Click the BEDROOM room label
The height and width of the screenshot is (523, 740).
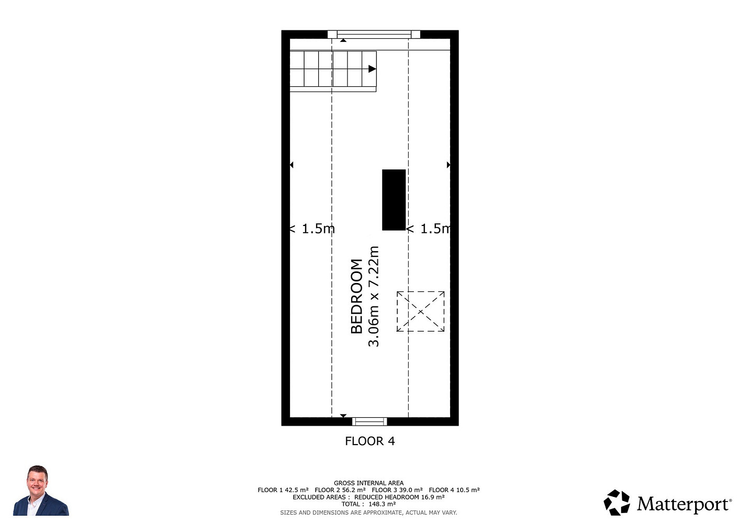pyautogui.click(x=356, y=296)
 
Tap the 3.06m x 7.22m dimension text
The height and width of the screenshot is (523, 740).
pyautogui.click(x=373, y=296)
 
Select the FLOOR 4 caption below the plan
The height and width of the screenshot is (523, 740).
pyautogui.click(x=369, y=441)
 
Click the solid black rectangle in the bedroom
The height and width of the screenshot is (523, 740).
pyautogui.click(x=394, y=200)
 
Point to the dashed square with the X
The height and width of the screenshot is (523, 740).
pyautogui.click(x=421, y=311)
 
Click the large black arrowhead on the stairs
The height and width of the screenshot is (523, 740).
pyautogui.click(x=372, y=69)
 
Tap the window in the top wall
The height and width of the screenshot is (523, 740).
pyautogui.click(x=374, y=35)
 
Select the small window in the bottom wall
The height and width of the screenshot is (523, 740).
pyautogui.click(x=369, y=422)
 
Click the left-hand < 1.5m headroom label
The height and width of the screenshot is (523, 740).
pyautogui.click(x=312, y=229)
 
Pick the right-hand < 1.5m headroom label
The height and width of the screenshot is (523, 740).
pyautogui.click(x=428, y=229)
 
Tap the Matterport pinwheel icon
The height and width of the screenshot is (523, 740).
pyautogui.click(x=616, y=503)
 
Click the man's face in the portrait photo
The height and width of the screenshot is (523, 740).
pyautogui.click(x=37, y=483)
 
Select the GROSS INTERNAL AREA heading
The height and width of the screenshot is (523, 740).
pyautogui.click(x=368, y=483)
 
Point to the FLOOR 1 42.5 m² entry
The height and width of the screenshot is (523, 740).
pyautogui.click(x=283, y=490)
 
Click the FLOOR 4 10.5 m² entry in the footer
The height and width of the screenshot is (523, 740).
pyautogui.click(x=454, y=490)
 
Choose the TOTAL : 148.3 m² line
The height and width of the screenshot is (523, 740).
pyautogui.click(x=368, y=504)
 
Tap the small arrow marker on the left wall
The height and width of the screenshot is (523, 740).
pyautogui.click(x=291, y=165)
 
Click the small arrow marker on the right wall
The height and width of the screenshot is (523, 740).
pyautogui.click(x=449, y=165)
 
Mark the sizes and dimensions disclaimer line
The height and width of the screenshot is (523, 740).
pyautogui.click(x=368, y=513)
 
